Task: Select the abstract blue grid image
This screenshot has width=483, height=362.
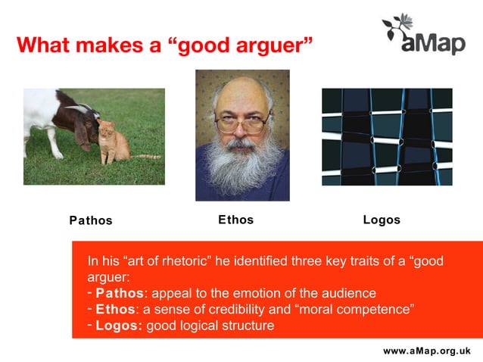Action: pos(387,137)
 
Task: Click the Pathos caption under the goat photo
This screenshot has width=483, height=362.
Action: pos(91,221)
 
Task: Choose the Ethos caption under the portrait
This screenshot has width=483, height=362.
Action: pos(235,220)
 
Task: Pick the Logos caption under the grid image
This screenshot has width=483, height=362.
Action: pos(382,220)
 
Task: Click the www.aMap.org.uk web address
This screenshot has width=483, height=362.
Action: pos(427,351)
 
